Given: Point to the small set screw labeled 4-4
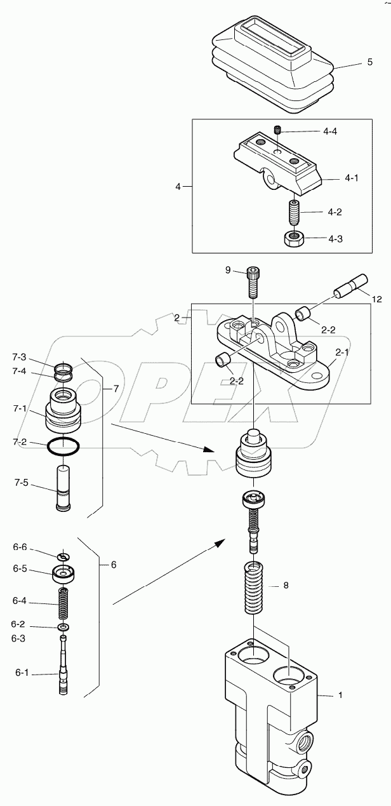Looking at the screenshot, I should click(277, 131).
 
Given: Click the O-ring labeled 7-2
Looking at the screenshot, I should click(64, 447).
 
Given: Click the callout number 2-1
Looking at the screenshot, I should click(343, 351).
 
